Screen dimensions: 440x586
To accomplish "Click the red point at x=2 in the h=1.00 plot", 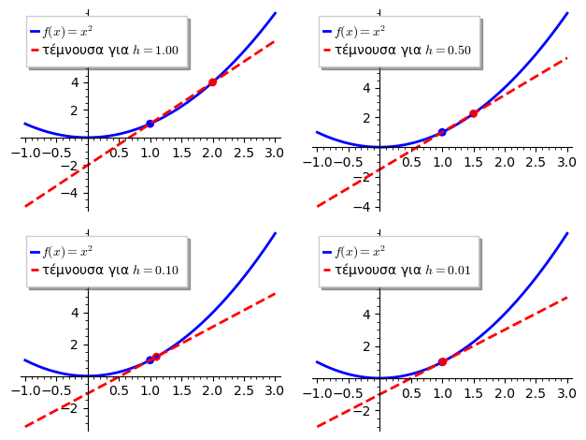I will point(212,82).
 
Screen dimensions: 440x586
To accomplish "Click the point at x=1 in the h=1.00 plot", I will point(150,124).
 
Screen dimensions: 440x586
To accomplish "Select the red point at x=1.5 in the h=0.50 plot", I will point(473,113).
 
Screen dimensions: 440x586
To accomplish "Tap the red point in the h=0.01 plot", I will point(442,361).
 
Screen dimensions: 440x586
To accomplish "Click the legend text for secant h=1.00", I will point(110,51).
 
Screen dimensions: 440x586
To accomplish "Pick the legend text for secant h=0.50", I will point(403,51).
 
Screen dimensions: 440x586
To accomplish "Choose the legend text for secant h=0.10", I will point(110,271).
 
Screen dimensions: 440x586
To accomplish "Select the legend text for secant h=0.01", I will point(403,271).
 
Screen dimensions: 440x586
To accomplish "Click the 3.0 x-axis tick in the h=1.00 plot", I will point(274,153).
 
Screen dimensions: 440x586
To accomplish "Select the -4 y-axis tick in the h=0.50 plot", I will point(370,206).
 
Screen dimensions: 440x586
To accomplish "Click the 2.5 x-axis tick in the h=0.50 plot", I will point(535,162).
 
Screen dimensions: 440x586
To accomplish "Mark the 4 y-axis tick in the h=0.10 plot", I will point(79,312).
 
